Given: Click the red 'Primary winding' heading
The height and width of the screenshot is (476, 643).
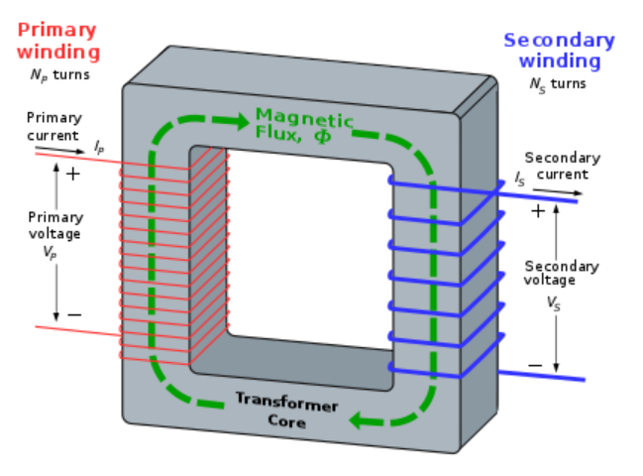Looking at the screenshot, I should (x=58, y=39).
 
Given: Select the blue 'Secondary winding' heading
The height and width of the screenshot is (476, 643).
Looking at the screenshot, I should (x=559, y=51).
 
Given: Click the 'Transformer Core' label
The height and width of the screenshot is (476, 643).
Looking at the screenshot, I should (x=286, y=411).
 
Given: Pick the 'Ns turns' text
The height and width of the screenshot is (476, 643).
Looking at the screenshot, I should (x=558, y=83).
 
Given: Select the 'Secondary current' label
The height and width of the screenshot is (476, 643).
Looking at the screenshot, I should (x=563, y=166).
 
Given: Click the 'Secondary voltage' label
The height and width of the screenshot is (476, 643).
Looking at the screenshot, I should (x=562, y=273).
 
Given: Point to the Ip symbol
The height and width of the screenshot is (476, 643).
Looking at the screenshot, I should (x=99, y=146).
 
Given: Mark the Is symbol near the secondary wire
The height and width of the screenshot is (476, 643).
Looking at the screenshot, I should (x=520, y=179).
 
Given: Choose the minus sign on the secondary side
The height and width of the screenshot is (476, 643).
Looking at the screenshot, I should (x=535, y=364).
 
